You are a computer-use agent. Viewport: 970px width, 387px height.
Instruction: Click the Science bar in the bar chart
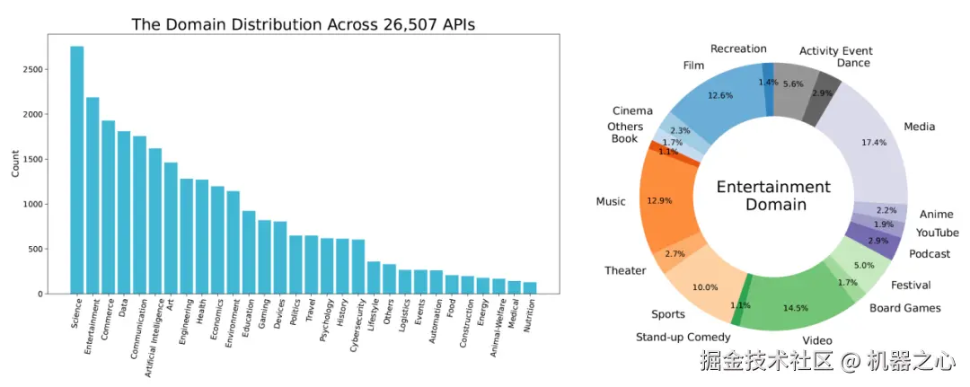point(77,171)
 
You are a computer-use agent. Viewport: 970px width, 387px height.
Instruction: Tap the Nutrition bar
point(529,287)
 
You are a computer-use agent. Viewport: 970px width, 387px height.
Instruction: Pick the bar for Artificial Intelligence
point(155,221)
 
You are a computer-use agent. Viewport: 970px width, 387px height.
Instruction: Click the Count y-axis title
point(15,168)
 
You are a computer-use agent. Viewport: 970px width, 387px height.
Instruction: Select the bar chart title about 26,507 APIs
point(303,24)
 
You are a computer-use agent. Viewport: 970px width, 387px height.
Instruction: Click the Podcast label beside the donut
point(930,254)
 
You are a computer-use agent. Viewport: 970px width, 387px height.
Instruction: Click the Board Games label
point(905,308)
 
